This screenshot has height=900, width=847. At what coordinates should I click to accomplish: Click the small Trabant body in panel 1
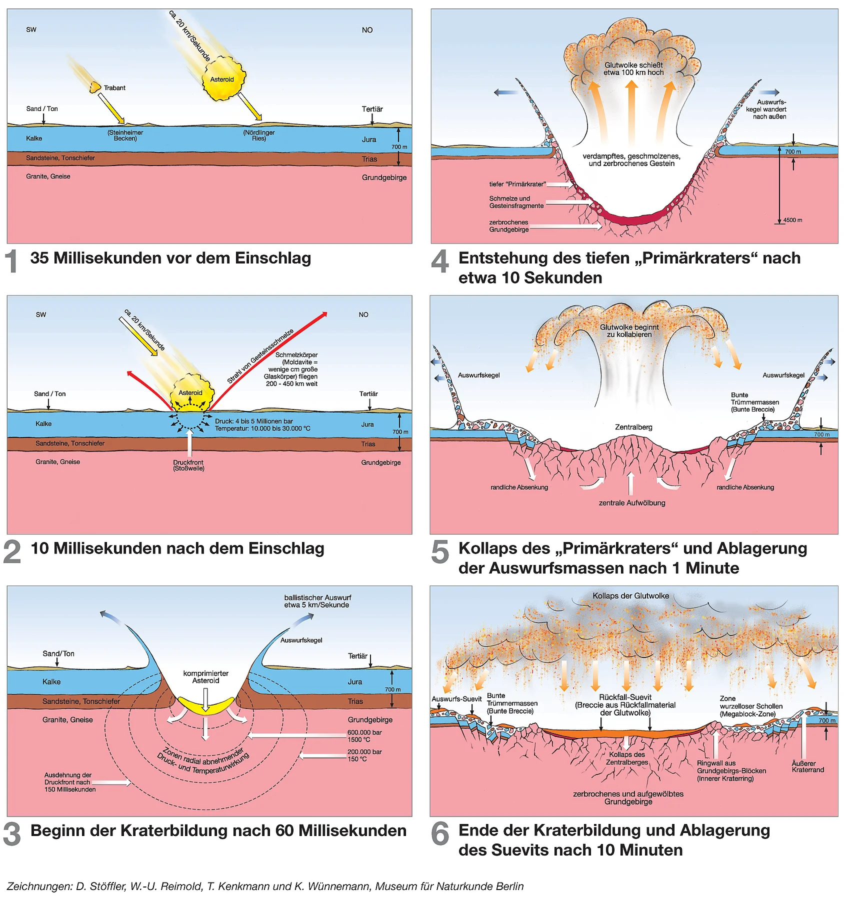[x=94, y=87]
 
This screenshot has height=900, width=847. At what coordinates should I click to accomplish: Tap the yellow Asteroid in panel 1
[x=223, y=79]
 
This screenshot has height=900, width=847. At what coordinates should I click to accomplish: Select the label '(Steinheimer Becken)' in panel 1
[x=125, y=135]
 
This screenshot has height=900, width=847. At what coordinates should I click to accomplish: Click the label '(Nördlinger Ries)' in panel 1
[x=258, y=135]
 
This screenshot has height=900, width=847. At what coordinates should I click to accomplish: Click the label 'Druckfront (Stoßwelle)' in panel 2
[x=188, y=465]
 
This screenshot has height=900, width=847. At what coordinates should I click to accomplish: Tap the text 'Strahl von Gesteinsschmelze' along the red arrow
[x=260, y=356]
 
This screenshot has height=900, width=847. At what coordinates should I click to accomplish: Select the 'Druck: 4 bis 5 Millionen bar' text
[x=254, y=421]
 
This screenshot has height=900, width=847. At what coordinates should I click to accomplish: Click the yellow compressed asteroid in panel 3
[x=205, y=705]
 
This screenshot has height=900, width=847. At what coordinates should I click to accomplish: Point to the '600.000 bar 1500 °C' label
[x=364, y=736]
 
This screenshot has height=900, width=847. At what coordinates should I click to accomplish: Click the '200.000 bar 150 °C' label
[x=364, y=755]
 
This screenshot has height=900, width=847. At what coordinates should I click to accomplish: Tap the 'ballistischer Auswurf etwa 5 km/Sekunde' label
[x=317, y=601]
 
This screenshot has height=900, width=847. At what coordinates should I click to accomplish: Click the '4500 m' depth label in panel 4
[x=792, y=220]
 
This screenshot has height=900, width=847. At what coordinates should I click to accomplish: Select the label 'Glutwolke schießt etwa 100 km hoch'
[x=633, y=69]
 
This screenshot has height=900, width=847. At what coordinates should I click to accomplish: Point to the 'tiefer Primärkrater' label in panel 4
[x=517, y=184]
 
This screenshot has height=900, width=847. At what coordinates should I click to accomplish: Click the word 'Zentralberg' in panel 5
[x=633, y=427]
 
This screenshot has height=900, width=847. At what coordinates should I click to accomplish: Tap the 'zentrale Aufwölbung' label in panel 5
[x=632, y=503]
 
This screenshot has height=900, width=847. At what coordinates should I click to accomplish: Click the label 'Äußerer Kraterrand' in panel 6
[x=807, y=766]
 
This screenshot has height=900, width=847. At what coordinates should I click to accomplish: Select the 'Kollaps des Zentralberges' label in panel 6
[x=627, y=758]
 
